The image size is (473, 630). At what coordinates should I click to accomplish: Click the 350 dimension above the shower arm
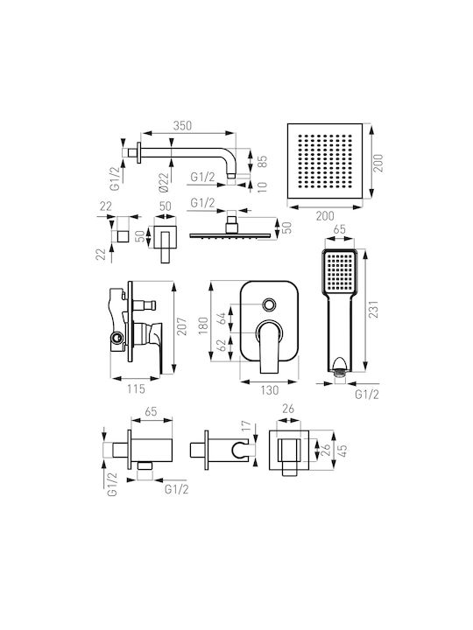pyautogui.click(x=182, y=126)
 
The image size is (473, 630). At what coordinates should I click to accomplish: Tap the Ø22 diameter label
pyautogui.click(x=163, y=182)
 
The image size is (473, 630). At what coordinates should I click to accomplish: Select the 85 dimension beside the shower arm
pyautogui.click(x=262, y=161)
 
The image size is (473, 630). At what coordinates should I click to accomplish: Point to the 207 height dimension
pyautogui.click(x=182, y=327)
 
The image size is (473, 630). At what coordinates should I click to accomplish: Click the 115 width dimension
pyautogui.click(x=136, y=388)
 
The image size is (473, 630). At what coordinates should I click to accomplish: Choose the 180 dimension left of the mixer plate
pyautogui.click(x=203, y=325)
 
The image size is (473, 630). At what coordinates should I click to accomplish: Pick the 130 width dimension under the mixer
pyautogui.click(x=269, y=390)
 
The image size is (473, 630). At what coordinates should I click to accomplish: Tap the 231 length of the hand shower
pyautogui.click(x=374, y=310)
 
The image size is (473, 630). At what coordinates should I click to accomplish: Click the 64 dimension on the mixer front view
pyautogui.click(x=222, y=318)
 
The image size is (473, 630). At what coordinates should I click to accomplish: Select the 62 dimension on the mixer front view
pyautogui.click(x=222, y=346)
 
